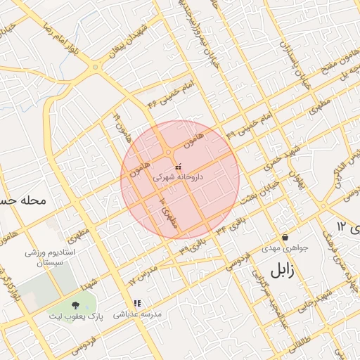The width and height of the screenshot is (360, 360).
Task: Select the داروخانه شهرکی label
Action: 178,178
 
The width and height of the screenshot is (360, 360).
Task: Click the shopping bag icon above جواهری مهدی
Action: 285,237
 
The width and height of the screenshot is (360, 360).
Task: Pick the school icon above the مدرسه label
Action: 137,303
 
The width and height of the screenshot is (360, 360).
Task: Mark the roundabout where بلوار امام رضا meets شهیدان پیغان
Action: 96,67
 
